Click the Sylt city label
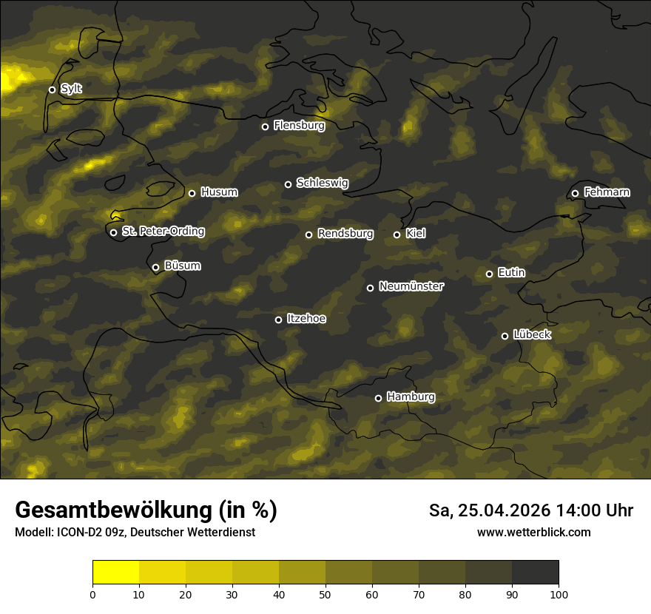tap(71, 89)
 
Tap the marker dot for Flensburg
tap(265, 126)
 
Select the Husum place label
tap(219, 192)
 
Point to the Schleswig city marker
tap(288, 184)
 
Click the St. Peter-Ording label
tap(163, 232)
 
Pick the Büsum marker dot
tap(155, 268)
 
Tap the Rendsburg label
tap(345, 234)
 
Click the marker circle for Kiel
tap(397, 235)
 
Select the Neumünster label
tap(411, 286)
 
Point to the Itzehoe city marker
tap(278, 320)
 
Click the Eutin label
tap(511, 273)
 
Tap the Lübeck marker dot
tap(505, 336)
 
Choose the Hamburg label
tap(411, 397)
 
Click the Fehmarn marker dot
tap(575, 194)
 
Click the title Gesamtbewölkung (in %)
tap(146, 510)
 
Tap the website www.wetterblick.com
tap(533, 533)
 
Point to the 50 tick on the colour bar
tap(325, 593)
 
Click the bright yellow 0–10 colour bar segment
tap(116, 572)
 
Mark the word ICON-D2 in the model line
tap(78, 533)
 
